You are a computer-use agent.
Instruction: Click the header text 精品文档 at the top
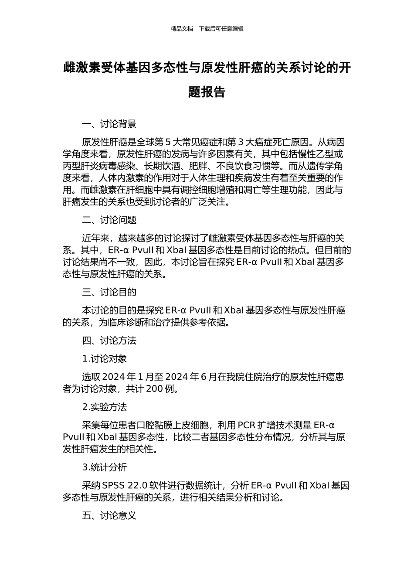(182, 29)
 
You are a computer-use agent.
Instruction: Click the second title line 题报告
(207, 92)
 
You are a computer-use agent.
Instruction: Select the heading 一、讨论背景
(109, 124)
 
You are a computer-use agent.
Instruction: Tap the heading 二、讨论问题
(109, 220)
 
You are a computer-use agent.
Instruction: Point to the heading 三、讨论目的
(109, 292)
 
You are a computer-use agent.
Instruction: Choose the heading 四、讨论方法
(109, 341)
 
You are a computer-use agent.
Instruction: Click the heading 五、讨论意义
(109, 515)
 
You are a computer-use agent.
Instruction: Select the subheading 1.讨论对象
(105, 359)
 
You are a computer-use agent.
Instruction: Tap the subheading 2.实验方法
(105, 407)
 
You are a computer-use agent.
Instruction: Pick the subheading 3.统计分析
(105, 467)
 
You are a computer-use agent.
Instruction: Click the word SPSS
(113, 486)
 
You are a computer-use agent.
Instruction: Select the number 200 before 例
(154, 389)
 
